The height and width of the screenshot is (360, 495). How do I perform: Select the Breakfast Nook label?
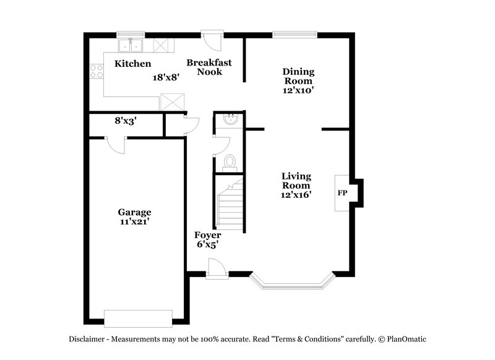coord(209,67)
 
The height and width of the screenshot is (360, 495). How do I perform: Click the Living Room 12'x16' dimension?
coord(296,195)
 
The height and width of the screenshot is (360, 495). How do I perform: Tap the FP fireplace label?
coord(342,193)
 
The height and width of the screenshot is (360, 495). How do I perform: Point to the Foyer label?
coord(208,235)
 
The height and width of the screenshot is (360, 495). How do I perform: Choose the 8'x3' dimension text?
coord(126,121)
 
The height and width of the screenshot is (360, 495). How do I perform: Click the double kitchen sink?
coord(131,45)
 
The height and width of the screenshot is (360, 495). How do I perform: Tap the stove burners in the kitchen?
coord(97,71)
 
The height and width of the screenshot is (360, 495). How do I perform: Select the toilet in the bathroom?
coord(230,162)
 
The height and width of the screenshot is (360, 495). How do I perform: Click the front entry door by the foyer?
coord(216,270)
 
